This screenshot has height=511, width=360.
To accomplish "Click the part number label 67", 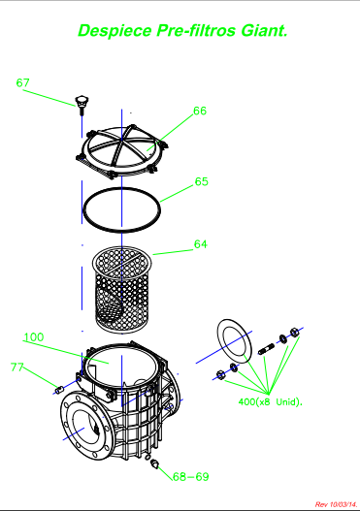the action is click(x=23, y=82).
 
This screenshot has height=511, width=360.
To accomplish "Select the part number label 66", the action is click(x=200, y=111).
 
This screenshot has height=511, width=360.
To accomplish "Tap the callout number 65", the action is click(x=202, y=181).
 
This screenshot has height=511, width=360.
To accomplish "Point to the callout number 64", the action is click(x=201, y=244).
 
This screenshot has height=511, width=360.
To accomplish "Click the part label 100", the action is click(x=34, y=337).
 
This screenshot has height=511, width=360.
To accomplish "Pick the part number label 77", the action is click(x=16, y=367).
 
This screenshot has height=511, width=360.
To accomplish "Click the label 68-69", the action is click(x=191, y=477).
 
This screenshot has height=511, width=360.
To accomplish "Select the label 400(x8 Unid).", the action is click(x=271, y=401).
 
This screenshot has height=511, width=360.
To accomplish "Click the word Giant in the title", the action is click(x=265, y=31).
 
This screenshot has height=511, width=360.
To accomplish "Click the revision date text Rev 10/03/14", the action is click(x=336, y=504).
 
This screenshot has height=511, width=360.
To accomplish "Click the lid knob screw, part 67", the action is click(x=82, y=105).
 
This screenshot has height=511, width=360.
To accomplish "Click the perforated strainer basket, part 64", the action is click(x=122, y=289).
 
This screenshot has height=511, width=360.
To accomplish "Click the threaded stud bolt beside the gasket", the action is click(x=267, y=348).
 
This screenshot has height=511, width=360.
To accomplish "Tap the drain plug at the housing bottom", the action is click(x=154, y=463).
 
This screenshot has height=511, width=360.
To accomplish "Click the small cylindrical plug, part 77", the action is click(x=58, y=390).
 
